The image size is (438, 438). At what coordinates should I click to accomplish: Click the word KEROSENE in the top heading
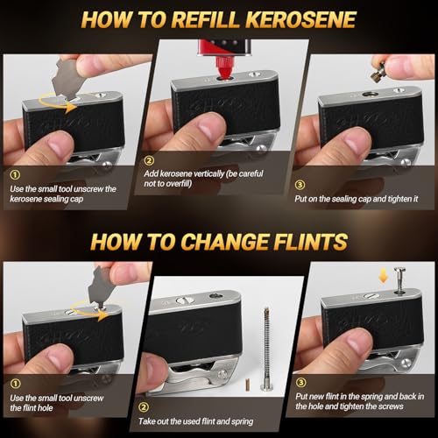click(300, 19)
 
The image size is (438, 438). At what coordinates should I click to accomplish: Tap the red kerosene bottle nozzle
click(224, 67)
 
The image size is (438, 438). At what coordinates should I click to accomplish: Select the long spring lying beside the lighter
click(266, 348)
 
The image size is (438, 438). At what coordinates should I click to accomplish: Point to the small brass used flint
click(248, 385)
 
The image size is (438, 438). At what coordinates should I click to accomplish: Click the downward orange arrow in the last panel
click(384, 276)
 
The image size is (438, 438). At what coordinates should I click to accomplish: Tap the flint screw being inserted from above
click(399, 279)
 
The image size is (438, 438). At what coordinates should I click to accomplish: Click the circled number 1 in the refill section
click(15, 174)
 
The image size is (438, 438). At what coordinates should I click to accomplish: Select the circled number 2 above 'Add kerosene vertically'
click(149, 160)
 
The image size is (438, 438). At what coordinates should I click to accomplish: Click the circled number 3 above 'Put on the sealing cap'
click(300, 185)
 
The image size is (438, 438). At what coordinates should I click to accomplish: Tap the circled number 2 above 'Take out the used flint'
click(144, 407)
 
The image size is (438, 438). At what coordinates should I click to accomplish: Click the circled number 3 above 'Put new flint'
click(301, 382)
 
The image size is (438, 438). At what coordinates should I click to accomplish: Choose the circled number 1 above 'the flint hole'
click(15, 384)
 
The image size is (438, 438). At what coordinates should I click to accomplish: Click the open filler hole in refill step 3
click(371, 95)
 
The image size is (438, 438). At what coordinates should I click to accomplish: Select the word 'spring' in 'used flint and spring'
click(243, 421)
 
